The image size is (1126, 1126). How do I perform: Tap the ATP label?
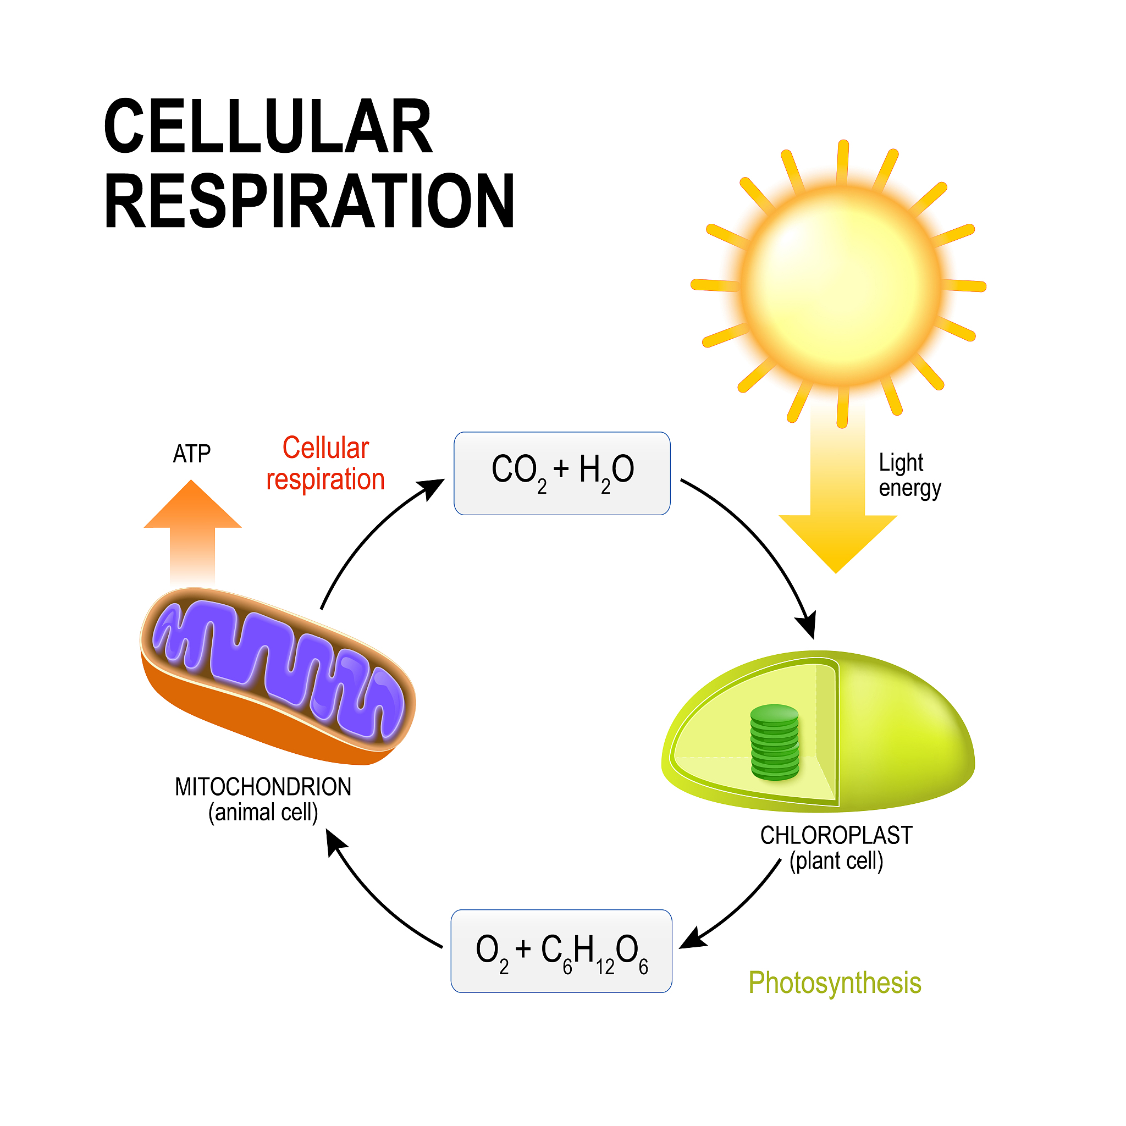click(x=191, y=454)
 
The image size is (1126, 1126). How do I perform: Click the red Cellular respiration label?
click(x=325, y=464)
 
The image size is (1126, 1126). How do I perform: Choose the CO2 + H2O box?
click(x=562, y=473)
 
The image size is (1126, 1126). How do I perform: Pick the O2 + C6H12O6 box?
click(x=561, y=951)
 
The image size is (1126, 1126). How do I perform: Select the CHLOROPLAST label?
click(x=836, y=835)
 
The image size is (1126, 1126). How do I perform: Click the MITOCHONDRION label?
click(x=263, y=787)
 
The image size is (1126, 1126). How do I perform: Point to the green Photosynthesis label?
click(x=834, y=983)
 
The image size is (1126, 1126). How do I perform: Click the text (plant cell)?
click(x=836, y=861)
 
